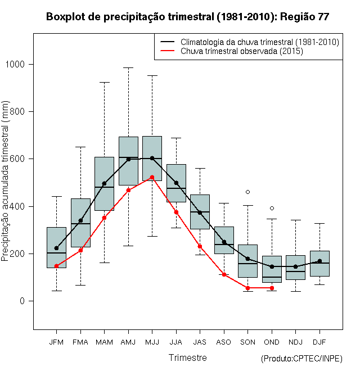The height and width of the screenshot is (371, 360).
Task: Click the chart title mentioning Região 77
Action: [187, 17]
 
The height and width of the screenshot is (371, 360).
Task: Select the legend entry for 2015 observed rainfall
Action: [242, 51]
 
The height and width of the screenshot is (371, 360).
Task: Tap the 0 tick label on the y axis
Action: [22, 301]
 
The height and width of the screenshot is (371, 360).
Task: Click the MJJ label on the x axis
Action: [152, 342]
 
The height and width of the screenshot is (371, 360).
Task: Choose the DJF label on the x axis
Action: [319, 342]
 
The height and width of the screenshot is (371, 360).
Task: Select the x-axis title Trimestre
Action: [188, 358]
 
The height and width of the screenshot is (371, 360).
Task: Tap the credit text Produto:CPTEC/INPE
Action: [301, 359]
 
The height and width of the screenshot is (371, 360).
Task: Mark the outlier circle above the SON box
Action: [247, 192]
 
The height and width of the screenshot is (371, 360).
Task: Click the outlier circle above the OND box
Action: [272, 209]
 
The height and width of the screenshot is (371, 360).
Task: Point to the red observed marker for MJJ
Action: [152, 178]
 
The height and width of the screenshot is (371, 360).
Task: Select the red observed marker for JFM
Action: [56, 266]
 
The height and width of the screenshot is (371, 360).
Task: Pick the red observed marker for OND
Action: [272, 288]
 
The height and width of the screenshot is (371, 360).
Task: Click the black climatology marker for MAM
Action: [104, 183]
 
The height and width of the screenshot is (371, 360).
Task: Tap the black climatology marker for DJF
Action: [319, 261]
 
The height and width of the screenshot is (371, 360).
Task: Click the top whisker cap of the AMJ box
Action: [128, 67]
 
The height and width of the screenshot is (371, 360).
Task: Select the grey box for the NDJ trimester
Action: [295, 268]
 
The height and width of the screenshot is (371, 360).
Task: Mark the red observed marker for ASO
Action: [224, 275]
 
